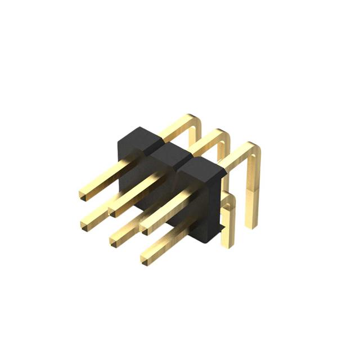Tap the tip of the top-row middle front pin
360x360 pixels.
point(112,210)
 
